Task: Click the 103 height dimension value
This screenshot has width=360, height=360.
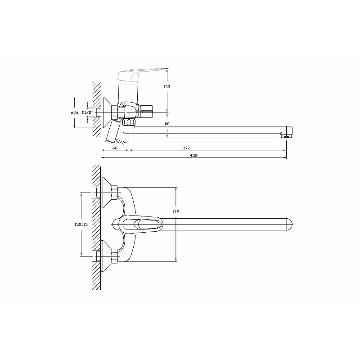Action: pos(167,86)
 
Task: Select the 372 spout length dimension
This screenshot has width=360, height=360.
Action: pos(186,148)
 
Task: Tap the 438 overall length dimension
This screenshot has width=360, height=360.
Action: pos(194,155)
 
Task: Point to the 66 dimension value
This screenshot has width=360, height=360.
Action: pos(115,148)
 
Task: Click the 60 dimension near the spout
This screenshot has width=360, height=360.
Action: pos(167,124)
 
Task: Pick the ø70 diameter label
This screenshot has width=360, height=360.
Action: pos(75,113)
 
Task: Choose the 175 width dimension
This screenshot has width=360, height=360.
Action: pos(175,212)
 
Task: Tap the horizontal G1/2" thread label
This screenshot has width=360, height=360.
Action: pos(87,112)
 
